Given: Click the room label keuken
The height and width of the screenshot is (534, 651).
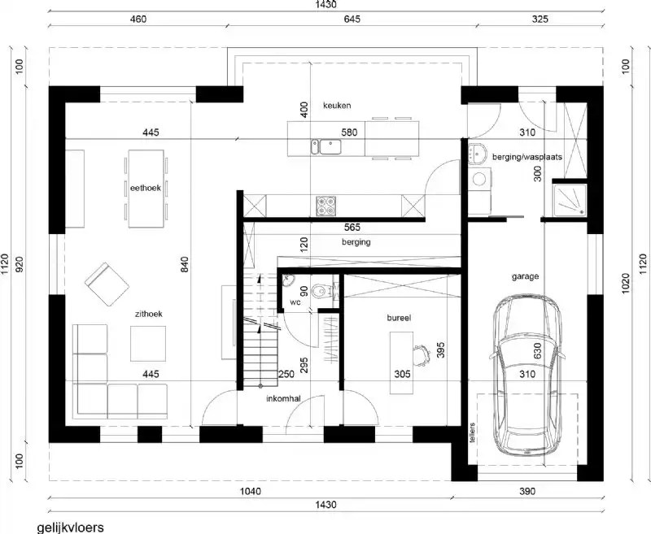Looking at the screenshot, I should (336, 106).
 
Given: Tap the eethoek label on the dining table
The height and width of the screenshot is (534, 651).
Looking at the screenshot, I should (146, 188).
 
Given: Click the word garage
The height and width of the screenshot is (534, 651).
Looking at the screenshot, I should (525, 276).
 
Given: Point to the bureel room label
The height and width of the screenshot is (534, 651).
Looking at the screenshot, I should (399, 320).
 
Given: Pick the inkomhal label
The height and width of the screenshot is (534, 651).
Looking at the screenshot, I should (283, 399).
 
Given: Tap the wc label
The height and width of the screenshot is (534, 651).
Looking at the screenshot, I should (296, 302).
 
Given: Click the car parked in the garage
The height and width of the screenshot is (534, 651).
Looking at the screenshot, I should (526, 376).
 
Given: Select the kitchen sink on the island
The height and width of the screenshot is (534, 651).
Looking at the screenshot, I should (330, 146).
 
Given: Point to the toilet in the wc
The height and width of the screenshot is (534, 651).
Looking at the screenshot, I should (325, 291).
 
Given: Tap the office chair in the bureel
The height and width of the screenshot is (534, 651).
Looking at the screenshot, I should (422, 353).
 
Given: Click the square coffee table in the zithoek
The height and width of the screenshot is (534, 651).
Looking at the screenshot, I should (148, 343).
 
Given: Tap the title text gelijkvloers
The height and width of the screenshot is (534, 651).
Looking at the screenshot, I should (71, 527).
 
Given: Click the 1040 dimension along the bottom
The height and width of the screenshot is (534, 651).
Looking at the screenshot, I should (251, 492).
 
